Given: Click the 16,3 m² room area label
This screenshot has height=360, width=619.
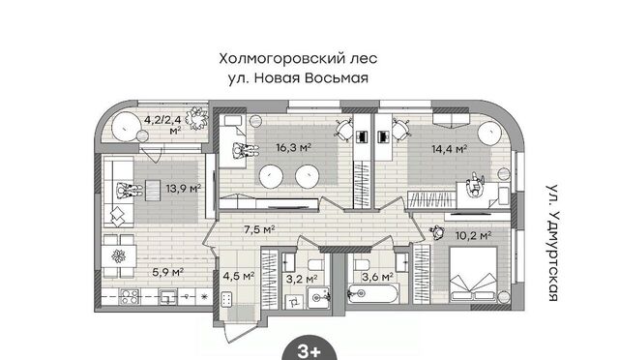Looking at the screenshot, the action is click(x=293, y=148).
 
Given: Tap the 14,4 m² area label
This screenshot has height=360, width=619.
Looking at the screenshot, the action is click(x=449, y=149).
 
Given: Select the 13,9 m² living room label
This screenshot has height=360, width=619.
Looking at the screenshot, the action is click(x=183, y=188).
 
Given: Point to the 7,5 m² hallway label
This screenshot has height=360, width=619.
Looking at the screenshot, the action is click(x=259, y=229).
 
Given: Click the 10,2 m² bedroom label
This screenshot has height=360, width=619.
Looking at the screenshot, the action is click(x=473, y=236).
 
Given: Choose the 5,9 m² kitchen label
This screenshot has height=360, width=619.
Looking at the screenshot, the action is click(x=167, y=272).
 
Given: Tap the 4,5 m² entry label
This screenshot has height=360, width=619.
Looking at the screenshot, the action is click(x=239, y=276).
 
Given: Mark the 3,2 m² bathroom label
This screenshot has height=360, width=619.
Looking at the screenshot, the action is click(x=302, y=279).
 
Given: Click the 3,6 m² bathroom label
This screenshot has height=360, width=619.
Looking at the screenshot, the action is click(x=377, y=277).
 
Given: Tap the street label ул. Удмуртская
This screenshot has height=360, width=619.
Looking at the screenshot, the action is click(x=553, y=243).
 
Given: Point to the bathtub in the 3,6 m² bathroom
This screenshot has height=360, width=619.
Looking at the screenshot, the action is click(x=372, y=294).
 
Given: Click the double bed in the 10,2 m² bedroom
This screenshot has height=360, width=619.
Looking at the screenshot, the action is click(x=473, y=274).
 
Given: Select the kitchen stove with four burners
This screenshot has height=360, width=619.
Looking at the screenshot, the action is click(x=130, y=296).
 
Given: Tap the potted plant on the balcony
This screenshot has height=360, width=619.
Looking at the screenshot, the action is click(x=196, y=117).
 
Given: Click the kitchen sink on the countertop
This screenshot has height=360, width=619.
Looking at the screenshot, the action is click(x=167, y=297).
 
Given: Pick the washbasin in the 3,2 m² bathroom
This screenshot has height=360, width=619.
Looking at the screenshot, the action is click(x=318, y=297).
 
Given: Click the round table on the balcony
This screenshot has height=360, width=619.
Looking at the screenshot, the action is click(x=127, y=127).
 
